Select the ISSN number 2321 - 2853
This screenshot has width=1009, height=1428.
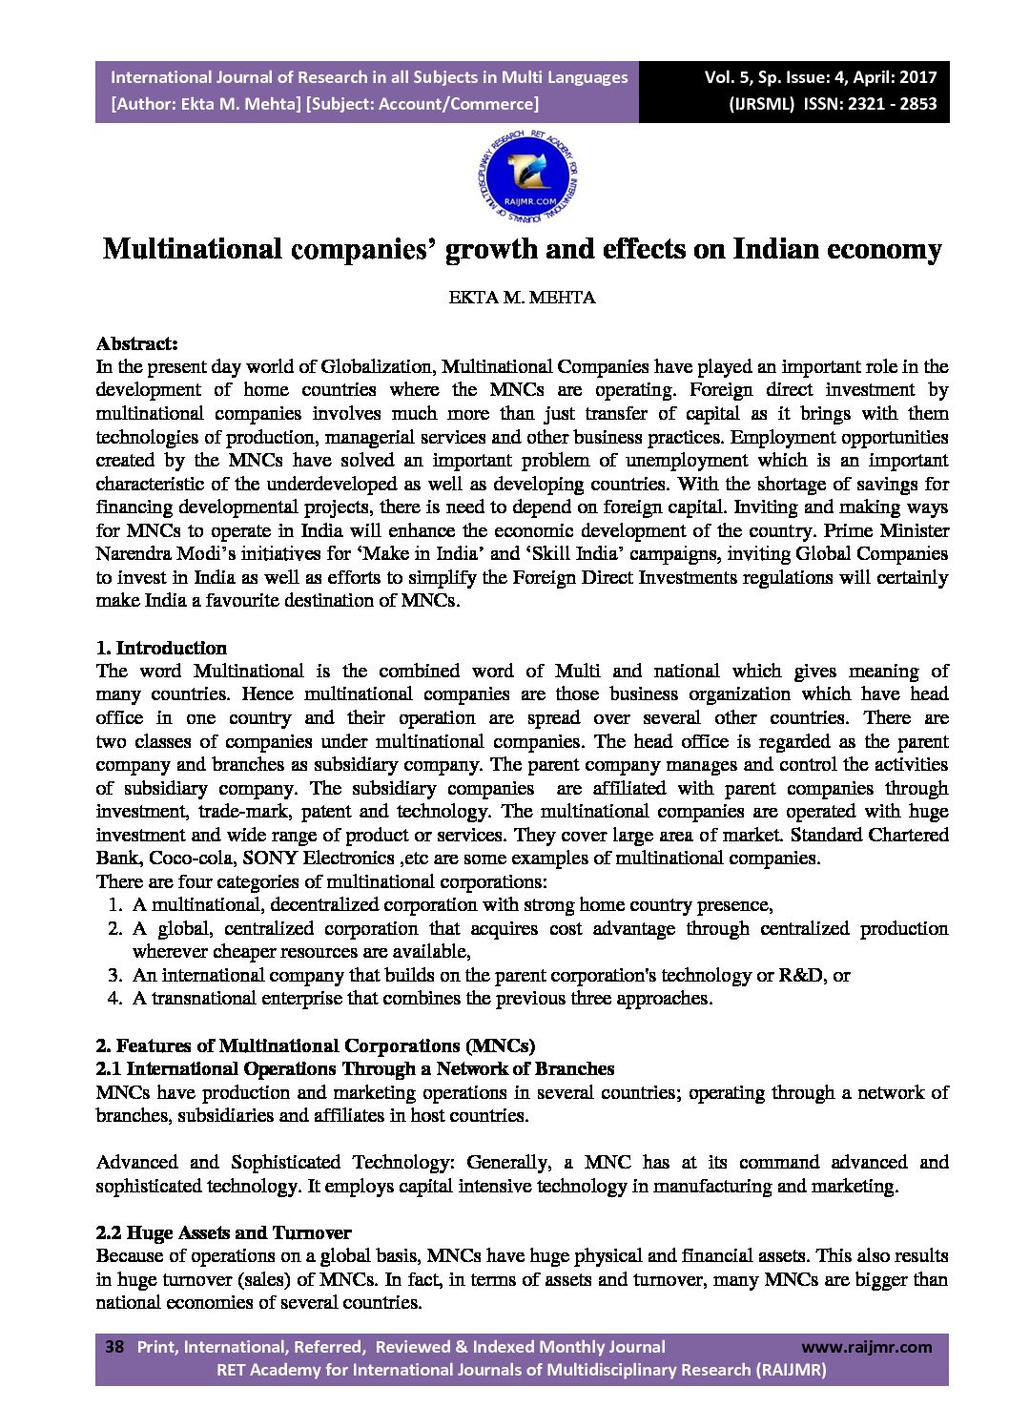point(884,104)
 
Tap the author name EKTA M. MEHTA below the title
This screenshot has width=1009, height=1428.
point(522,297)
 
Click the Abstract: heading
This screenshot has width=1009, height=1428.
point(136,343)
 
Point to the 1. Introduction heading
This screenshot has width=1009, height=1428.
point(161,648)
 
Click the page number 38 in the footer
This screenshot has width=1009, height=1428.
point(114,1347)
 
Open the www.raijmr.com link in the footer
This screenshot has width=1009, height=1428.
point(866,1347)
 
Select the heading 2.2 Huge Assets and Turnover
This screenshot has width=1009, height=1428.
point(223,1232)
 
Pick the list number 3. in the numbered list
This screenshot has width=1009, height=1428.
point(114,975)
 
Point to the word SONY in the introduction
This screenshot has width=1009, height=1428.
point(270,858)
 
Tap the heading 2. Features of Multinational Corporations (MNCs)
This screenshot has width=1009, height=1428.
point(315,1045)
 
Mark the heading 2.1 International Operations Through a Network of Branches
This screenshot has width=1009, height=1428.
point(355,1068)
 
